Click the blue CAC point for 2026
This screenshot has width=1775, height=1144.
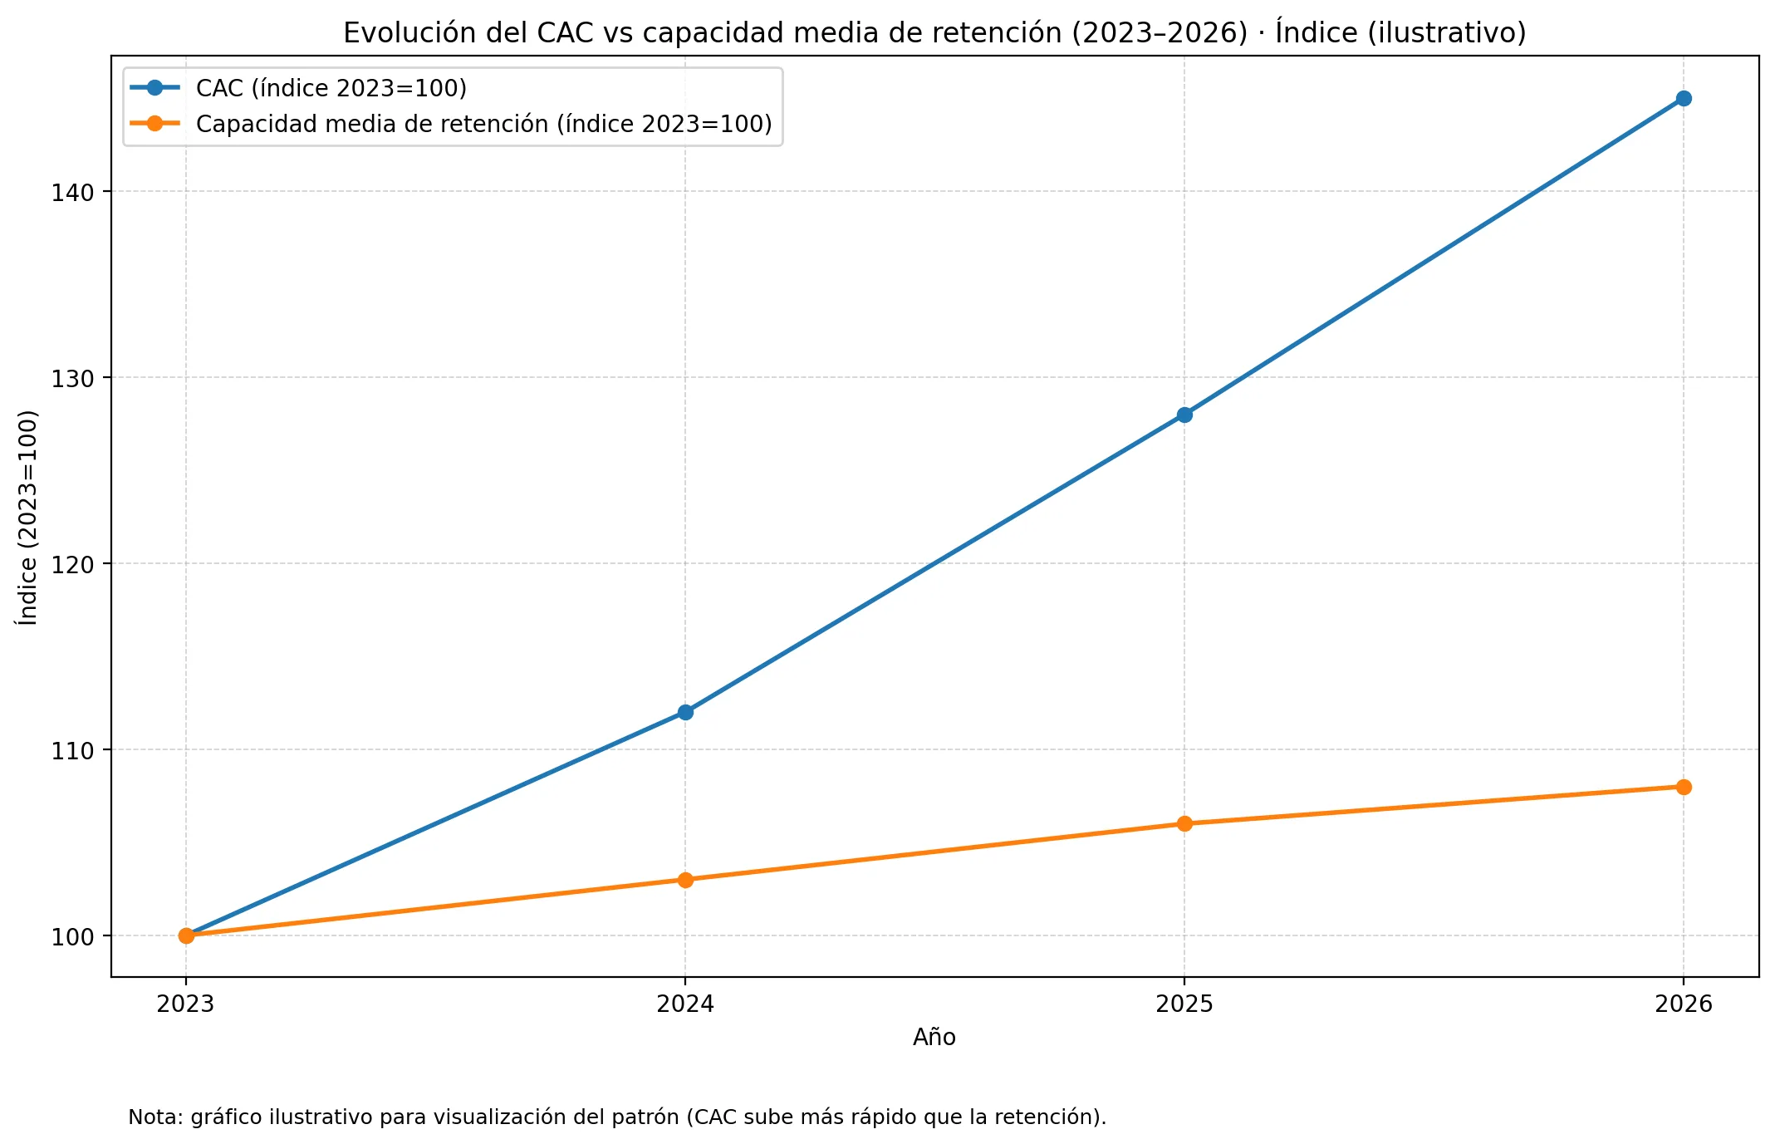pos(1683,99)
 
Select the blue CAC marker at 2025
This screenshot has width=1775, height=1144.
pos(1184,415)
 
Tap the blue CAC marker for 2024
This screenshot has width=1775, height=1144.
pos(685,712)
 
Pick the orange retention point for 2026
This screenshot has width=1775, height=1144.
pos(1683,787)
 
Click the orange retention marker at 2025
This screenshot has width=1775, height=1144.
pos(1184,824)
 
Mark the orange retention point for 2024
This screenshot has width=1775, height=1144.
pos(685,880)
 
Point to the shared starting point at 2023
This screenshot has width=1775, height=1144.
pos(186,935)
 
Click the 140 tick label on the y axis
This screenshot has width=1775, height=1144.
pos(73,192)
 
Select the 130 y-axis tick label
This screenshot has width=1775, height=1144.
pos(73,378)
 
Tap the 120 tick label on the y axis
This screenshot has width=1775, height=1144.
pos(73,564)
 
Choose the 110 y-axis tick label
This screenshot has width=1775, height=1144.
pos(73,750)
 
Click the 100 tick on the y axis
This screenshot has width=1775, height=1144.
pos(73,936)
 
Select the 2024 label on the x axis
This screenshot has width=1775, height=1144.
pos(685,1004)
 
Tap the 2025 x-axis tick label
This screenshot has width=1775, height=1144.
pos(1184,1004)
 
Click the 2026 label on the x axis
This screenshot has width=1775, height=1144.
pos(1683,1004)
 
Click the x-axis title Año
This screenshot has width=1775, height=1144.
pos(934,1038)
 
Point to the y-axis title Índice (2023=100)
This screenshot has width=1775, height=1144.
pos(28,517)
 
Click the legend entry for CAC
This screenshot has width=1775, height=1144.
pos(331,88)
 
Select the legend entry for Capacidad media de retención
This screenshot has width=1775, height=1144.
pos(483,124)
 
